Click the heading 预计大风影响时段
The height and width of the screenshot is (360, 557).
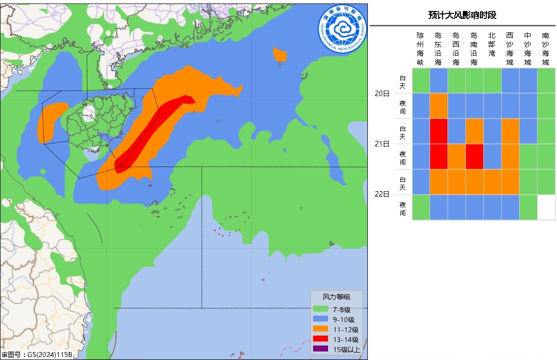pos(462,15)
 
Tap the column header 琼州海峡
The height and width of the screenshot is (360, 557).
pos(420,49)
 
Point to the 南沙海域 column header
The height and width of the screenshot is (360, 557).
pos(546,49)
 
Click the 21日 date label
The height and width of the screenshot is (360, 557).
pos(382,144)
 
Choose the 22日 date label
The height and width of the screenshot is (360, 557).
pos(382,194)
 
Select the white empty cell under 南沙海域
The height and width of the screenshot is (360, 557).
pos(546,207)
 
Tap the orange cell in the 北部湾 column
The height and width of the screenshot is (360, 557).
pos(492,182)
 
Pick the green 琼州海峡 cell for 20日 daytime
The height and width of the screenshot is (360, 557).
pos(421,81)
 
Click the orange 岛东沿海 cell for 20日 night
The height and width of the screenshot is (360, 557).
pos(439,106)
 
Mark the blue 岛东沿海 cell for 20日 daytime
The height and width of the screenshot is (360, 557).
pos(439,81)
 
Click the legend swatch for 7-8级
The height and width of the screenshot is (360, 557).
pos(321,310)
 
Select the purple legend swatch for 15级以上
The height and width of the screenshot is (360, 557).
pos(321,349)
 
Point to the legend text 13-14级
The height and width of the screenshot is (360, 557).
pos(346,340)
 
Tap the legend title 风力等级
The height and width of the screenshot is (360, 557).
pos(336,297)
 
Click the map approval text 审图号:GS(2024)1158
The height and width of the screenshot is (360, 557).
pos(37,355)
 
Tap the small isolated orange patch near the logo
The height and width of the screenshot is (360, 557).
pos(280,54)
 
